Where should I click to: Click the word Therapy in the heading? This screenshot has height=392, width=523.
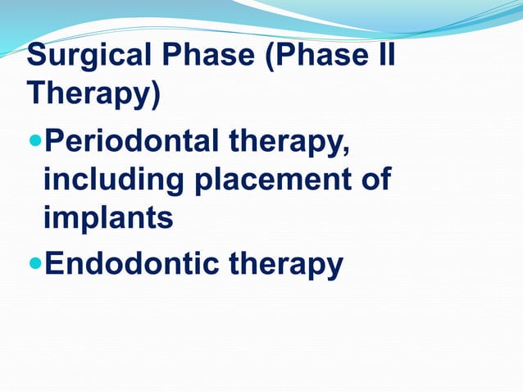pyautogui.click(x=89, y=95)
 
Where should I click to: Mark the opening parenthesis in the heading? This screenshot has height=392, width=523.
pyautogui.click(x=268, y=57)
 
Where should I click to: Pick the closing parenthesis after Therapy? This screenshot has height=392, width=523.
pyautogui.click(x=155, y=95)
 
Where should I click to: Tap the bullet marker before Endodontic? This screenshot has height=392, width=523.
pyautogui.click(x=34, y=264)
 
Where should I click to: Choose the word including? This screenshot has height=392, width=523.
pyautogui.click(x=115, y=180)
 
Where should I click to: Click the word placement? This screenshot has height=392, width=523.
pyautogui.click(x=271, y=180)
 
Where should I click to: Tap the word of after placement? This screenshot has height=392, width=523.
pyautogui.click(x=373, y=180)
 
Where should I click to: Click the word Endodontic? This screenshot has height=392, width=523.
pyautogui.click(x=131, y=263)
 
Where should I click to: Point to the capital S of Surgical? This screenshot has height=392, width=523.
pyautogui.click(x=36, y=57)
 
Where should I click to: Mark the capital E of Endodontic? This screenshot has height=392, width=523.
pyautogui.click(x=53, y=263)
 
